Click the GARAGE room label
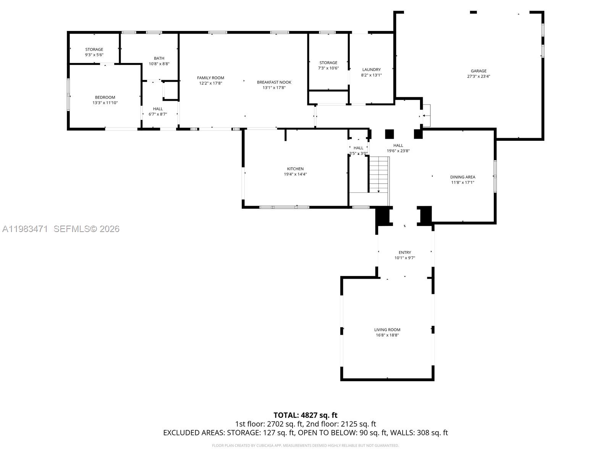point(478,71)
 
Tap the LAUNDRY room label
point(371,69)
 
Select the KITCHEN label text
point(295,169)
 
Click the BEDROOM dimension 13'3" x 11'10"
point(105,103)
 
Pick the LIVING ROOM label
point(387,330)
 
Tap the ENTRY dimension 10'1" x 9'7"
point(404,258)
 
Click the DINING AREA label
point(462,177)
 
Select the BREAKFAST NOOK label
point(274,82)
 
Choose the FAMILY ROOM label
point(210,78)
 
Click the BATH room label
point(159,58)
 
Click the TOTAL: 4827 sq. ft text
point(305,415)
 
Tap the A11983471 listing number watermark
point(25,229)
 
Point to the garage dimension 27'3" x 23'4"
point(478,76)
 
